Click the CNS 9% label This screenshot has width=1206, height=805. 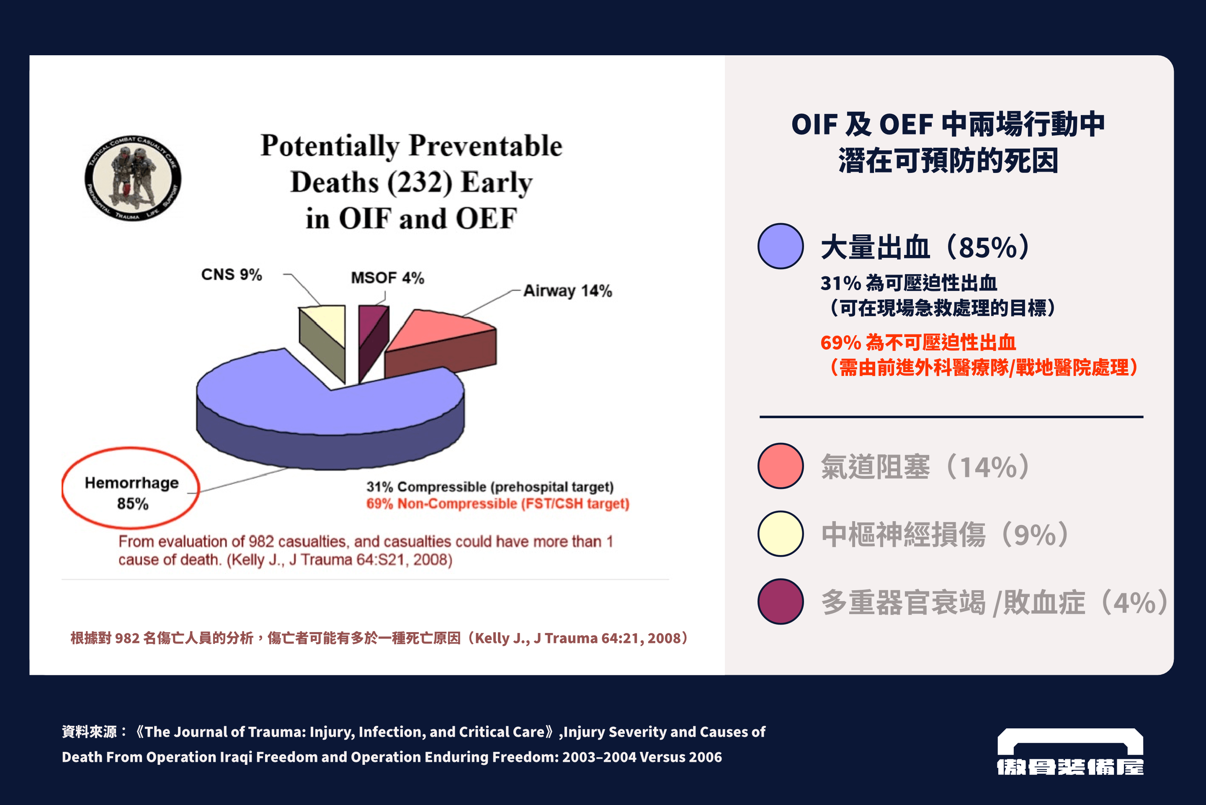click(232, 275)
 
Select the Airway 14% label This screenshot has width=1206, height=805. click(567, 291)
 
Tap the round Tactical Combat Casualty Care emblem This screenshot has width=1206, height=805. click(133, 178)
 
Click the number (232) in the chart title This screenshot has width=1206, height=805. click(420, 182)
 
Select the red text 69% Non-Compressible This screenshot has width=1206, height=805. click(497, 504)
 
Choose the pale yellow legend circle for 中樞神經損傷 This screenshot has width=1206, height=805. click(781, 533)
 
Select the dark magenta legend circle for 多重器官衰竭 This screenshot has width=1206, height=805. click(781, 601)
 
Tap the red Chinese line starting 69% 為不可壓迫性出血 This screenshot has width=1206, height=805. click(918, 342)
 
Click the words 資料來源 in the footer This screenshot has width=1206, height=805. click(90, 732)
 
